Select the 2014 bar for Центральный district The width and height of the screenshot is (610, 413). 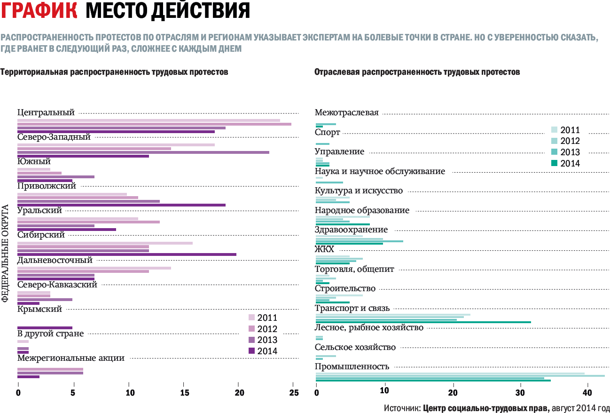pyautogui.click(x=116, y=132)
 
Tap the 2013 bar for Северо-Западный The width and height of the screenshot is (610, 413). pyautogui.click(x=143, y=152)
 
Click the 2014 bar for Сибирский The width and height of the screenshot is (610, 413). pyautogui.click(x=126, y=254)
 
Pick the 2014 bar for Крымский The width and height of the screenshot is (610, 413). pyautogui.click(x=45, y=328)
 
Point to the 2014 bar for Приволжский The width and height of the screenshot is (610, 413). pyautogui.click(x=121, y=205)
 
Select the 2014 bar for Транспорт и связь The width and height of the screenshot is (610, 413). pyautogui.click(x=423, y=322)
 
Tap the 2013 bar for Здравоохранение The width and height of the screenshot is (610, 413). pyautogui.click(x=359, y=241)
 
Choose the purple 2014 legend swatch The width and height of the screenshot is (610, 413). pyautogui.click(x=251, y=351)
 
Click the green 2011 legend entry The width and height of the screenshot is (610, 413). pyautogui.click(x=554, y=130)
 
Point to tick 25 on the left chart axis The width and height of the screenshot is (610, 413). pyautogui.click(x=294, y=393)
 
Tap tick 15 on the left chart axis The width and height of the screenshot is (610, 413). pyautogui.click(x=184, y=393)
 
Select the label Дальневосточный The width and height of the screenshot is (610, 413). pyautogui.click(x=55, y=260)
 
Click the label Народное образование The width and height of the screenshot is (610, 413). pyautogui.click(x=362, y=210)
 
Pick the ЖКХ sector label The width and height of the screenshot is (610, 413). pyautogui.click(x=324, y=249)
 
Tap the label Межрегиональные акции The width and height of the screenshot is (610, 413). pyautogui.click(x=70, y=358)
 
